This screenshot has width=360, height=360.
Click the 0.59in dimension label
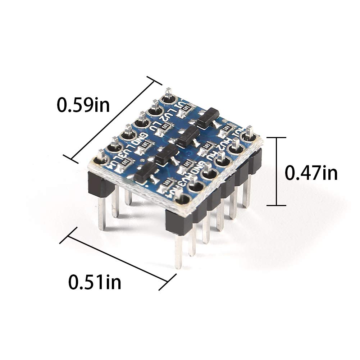click(x=83, y=105)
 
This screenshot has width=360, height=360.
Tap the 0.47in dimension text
click(x=311, y=173)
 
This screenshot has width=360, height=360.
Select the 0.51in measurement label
click(x=95, y=282)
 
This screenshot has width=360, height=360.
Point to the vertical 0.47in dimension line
click(x=276, y=172)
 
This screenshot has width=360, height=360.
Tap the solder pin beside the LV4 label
click(x=101, y=159)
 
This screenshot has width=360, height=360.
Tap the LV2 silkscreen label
click(x=168, y=116)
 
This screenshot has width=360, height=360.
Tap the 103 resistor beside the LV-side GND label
click(x=146, y=145)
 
